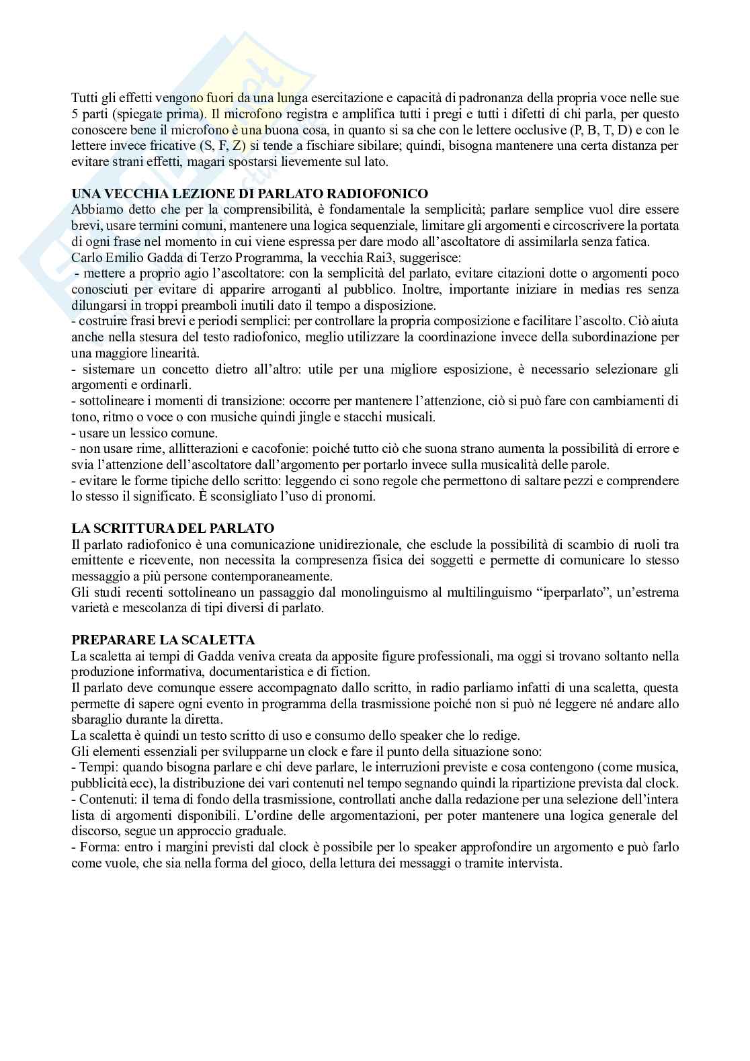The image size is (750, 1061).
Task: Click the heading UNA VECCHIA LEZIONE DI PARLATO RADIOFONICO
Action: [x=249, y=194]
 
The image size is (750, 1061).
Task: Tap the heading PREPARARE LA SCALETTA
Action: [x=163, y=640]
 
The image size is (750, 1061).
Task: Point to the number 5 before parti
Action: [x=75, y=114]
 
